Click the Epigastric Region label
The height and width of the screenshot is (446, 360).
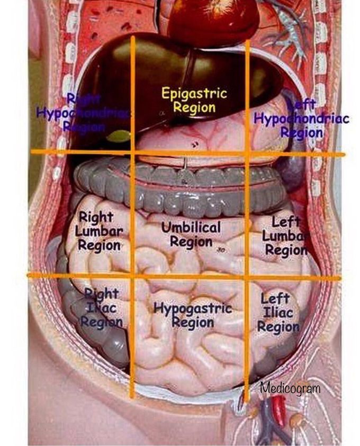[194, 101]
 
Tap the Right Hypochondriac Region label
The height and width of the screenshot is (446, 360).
[84, 113]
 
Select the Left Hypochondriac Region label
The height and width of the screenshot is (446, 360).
[301, 119]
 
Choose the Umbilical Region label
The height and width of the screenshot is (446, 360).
[191, 234]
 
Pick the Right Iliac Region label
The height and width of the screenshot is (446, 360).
[101, 308]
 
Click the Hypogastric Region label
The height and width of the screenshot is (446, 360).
[193, 315]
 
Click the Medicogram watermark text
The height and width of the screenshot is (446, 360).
[290, 389]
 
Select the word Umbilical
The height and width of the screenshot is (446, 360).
[191, 227]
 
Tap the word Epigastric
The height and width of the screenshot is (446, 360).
[194, 94]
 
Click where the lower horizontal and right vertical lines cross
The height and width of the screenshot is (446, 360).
[247, 277]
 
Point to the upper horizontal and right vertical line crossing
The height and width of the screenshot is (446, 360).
[247, 154]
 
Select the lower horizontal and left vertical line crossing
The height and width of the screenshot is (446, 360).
[132, 276]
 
